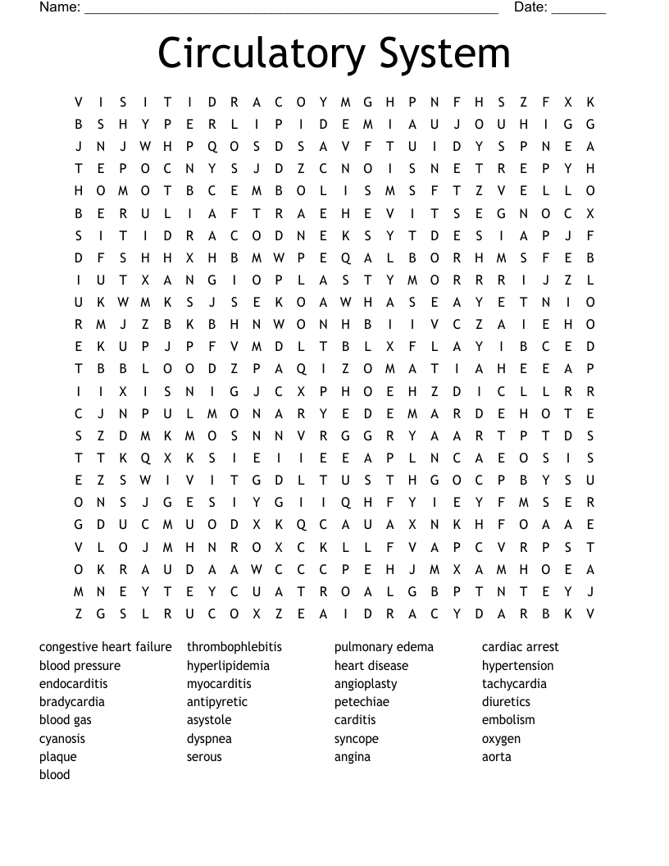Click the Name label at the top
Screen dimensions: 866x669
coord(59,7)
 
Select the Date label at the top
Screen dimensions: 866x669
coord(530,7)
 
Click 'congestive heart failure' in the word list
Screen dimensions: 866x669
coord(106,647)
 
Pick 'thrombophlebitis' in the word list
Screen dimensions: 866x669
coord(234,647)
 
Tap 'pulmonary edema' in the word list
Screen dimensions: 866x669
coord(384,647)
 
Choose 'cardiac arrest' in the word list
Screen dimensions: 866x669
coord(520,647)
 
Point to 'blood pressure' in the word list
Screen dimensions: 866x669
coord(80,666)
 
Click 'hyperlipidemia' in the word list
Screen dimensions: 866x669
coord(228,666)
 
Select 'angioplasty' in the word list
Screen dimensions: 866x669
coord(366,684)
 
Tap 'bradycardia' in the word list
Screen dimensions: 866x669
coord(72,702)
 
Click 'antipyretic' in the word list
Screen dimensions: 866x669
coord(216,702)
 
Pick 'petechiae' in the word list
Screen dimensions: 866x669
coord(362,702)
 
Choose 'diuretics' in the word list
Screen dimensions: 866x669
coord(506,702)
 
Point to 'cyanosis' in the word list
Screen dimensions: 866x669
coord(62,738)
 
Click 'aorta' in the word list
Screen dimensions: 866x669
coord(496,757)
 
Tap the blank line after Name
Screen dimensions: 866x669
coord(291,10)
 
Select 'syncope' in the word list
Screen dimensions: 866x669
coord(357,738)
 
